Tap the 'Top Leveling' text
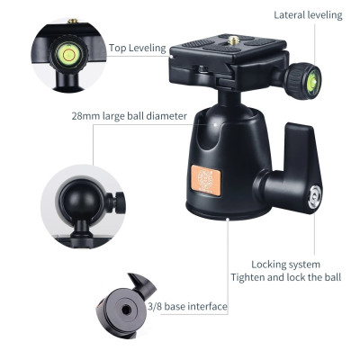[137, 48]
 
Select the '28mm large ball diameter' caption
[129, 115]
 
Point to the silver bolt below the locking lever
[312, 195]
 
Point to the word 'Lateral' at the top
[292, 15]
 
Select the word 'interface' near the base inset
[204, 307]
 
